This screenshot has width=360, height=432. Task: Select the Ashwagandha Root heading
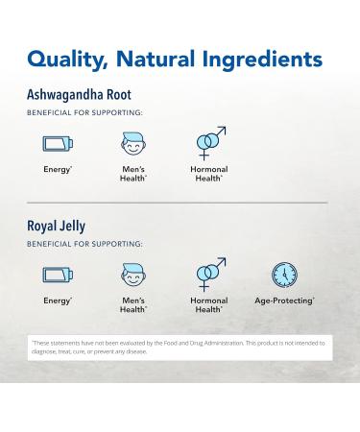coord(80,95)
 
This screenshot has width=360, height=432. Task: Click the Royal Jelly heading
coord(57,227)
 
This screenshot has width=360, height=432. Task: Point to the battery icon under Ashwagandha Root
coord(58,144)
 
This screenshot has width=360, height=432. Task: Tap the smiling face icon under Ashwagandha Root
coord(133,145)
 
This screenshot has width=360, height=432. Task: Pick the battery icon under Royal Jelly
coord(58,276)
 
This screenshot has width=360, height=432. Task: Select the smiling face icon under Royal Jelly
coord(133,276)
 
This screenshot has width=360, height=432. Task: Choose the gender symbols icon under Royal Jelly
coord(209,274)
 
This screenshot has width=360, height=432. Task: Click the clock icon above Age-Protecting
coord(284,276)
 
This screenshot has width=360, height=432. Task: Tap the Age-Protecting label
coord(285,301)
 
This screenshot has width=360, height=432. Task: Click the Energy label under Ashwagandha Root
coord(58,170)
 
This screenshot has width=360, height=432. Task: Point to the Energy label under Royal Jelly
coord(58,301)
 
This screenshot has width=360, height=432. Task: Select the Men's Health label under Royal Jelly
coord(133,305)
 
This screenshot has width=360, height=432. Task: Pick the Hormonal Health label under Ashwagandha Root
coord(209,174)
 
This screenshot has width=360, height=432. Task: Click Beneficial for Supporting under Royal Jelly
coord(84,244)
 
